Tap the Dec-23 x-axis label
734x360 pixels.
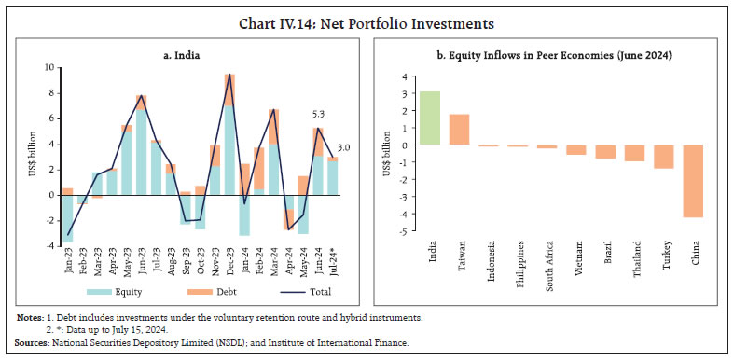tap(229, 264)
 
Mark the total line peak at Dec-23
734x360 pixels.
tap(229, 75)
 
